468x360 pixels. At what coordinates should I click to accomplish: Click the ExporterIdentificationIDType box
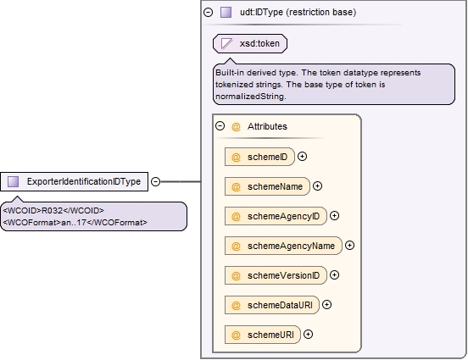[x=74, y=181]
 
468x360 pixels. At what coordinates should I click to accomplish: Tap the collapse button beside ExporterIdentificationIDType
[x=155, y=181]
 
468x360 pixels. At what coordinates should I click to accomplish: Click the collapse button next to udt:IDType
[x=208, y=12]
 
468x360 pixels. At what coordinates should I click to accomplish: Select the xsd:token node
[x=250, y=43]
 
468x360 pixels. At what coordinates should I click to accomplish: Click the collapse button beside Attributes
[x=220, y=126]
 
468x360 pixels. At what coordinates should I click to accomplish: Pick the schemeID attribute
[x=259, y=157]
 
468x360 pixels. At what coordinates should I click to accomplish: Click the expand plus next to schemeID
[x=303, y=157]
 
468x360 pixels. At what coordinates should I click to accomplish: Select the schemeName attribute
[x=267, y=186]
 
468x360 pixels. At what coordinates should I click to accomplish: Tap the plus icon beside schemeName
[x=318, y=186]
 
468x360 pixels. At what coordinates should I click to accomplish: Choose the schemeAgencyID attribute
[x=276, y=216]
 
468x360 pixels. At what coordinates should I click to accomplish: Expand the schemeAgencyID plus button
[x=335, y=216]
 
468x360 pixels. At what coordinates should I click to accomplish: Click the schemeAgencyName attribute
[x=283, y=246]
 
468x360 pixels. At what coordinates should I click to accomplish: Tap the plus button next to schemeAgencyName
[x=350, y=245]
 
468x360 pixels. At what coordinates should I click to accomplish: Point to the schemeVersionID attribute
[x=276, y=275]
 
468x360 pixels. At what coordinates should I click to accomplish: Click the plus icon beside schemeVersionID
[x=335, y=274]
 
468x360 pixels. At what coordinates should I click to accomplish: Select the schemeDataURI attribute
[x=272, y=305]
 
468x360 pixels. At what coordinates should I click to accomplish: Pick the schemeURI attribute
[x=263, y=335]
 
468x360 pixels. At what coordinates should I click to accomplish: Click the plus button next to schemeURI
[x=309, y=334]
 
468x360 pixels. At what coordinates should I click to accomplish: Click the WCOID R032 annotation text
[x=53, y=211]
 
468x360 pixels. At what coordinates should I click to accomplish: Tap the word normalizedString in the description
[x=251, y=97]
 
